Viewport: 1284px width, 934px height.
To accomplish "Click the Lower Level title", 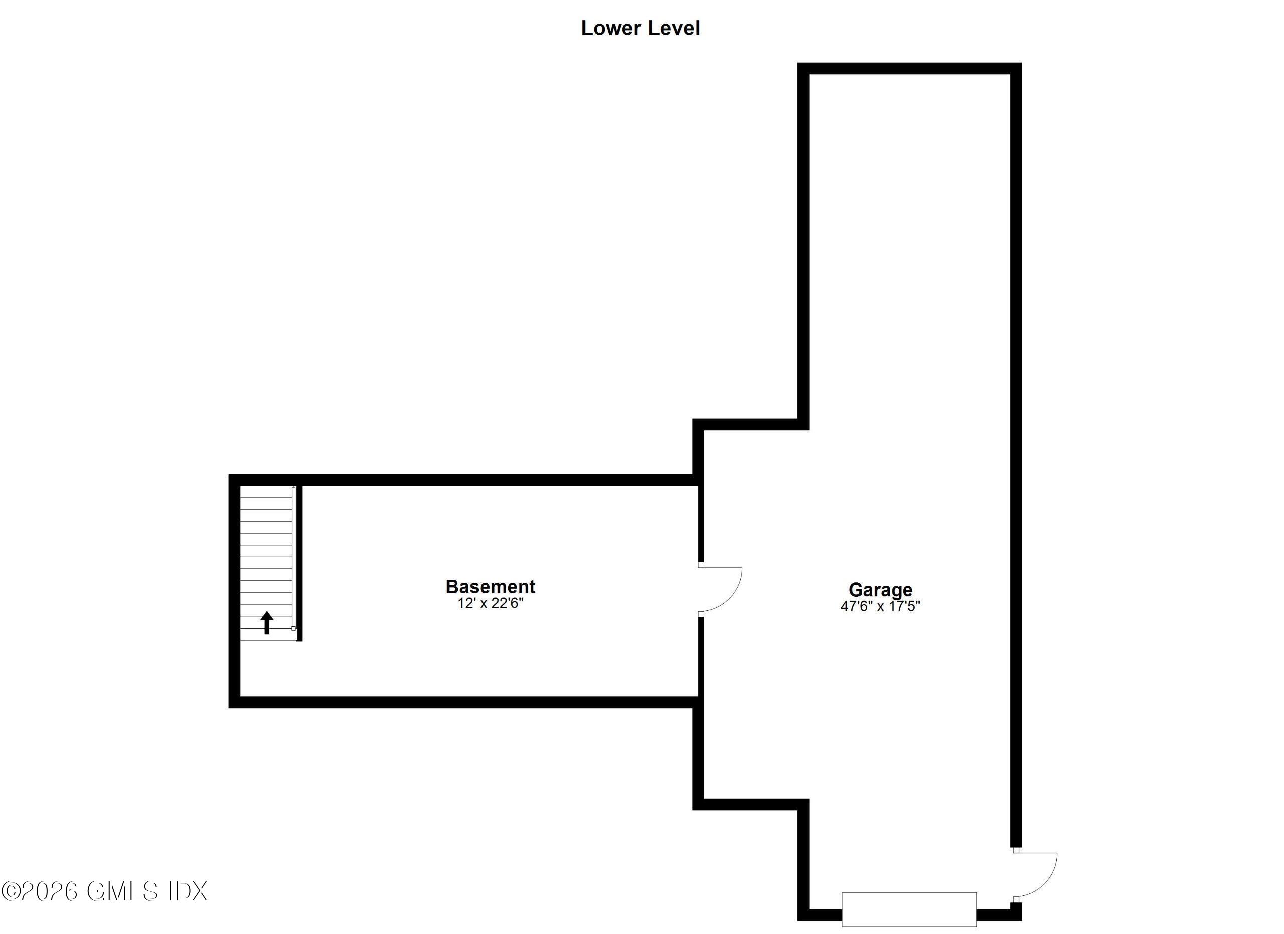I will click(640, 28).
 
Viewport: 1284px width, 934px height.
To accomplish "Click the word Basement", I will click(490, 586).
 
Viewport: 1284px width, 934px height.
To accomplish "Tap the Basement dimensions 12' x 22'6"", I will click(490, 603).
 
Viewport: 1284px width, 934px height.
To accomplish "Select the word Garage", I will click(880, 590).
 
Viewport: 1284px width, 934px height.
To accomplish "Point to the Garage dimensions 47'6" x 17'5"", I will click(880, 606).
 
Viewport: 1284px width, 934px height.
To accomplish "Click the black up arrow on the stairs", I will click(267, 622).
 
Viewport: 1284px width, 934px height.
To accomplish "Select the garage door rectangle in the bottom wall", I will click(909, 909).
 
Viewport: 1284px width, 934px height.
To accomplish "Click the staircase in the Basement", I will click(266, 560).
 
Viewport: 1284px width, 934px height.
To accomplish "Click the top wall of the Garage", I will click(909, 69).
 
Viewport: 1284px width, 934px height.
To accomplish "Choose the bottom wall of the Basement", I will click(464, 702).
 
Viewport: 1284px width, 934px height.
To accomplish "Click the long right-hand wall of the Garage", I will click(1016, 453).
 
